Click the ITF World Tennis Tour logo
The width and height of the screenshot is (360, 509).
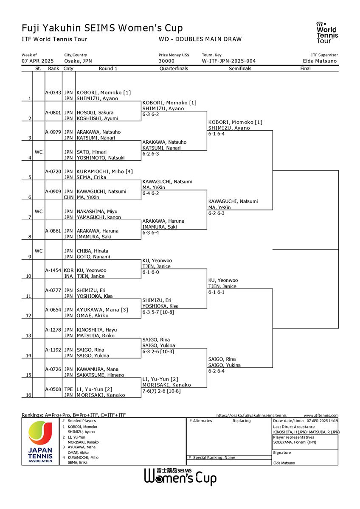click(x=327, y=33)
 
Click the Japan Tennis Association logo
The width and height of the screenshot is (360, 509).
click(x=40, y=442)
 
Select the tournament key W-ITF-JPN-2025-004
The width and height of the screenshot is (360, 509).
click(x=228, y=61)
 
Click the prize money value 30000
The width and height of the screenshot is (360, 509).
click(x=166, y=61)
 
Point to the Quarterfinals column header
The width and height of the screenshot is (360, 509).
click(x=174, y=68)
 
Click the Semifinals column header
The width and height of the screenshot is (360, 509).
click(x=240, y=68)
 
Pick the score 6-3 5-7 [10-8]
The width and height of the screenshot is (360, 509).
click(x=158, y=312)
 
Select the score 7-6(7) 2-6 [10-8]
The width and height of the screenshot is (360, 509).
click(x=161, y=391)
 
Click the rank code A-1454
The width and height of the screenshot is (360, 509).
click(x=53, y=270)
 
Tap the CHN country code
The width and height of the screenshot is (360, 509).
click(x=68, y=197)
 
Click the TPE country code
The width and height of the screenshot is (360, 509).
click(x=68, y=389)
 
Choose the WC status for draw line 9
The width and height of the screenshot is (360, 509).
click(x=39, y=251)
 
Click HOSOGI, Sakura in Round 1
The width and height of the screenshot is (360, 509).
click(x=95, y=112)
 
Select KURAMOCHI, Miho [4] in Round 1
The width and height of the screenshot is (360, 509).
click(x=104, y=171)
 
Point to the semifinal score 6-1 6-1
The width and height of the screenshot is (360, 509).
click(x=216, y=292)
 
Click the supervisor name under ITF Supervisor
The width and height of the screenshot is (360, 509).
click(x=320, y=61)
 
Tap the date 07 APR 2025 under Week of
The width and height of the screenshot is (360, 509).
click(x=37, y=61)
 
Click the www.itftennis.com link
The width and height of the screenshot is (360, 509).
click(x=321, y=415)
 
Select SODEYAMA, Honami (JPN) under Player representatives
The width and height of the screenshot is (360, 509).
click(x=295, y=442)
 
